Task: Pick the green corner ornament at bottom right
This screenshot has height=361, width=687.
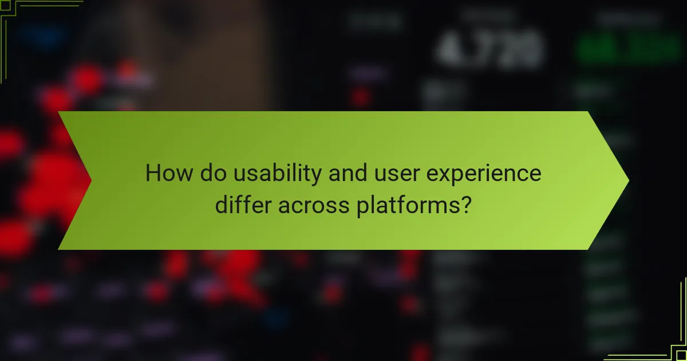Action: click(670, 344)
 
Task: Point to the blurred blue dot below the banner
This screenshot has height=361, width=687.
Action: click(281, 316)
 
